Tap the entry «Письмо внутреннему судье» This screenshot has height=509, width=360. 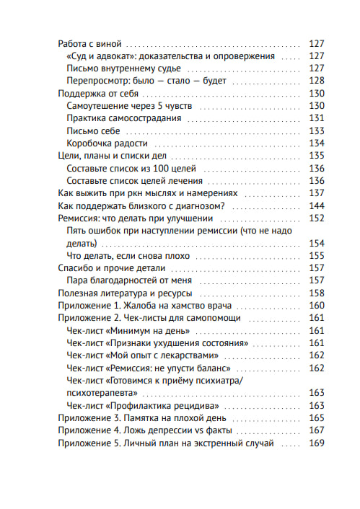pyautogui.click(x=123, y=68)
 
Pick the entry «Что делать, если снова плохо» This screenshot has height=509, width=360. pyautogui.click(x=126, y=256)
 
